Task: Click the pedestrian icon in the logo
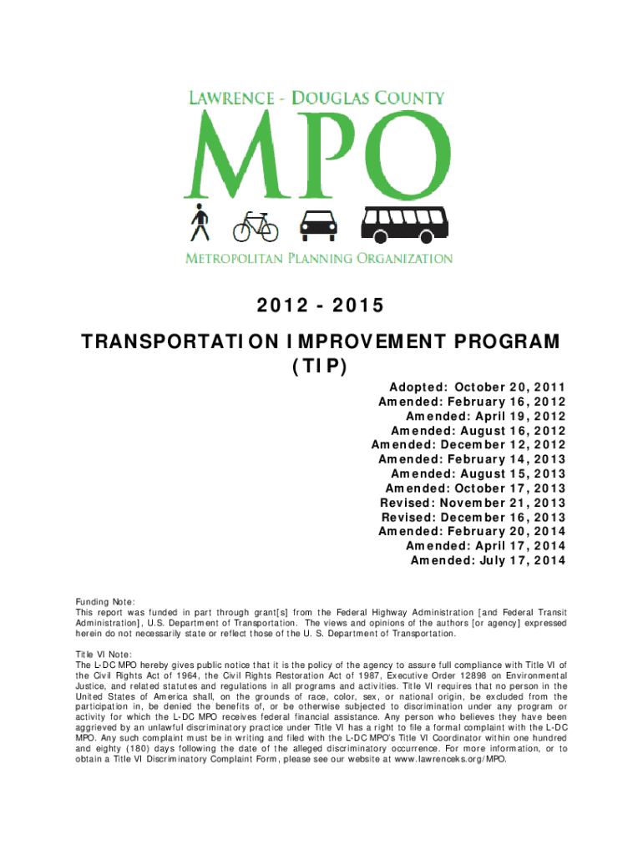click(199, 222)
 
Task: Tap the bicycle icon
click(255, 225)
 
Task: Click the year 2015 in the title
click(357, 306)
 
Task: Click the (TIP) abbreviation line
click(321, 367)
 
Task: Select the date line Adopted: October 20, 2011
click(477, 387)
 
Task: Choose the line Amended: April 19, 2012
click(485, 416)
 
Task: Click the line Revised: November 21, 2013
click(473, 503)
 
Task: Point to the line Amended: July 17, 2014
click(488, 560)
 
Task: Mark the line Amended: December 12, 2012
click(468, 445)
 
